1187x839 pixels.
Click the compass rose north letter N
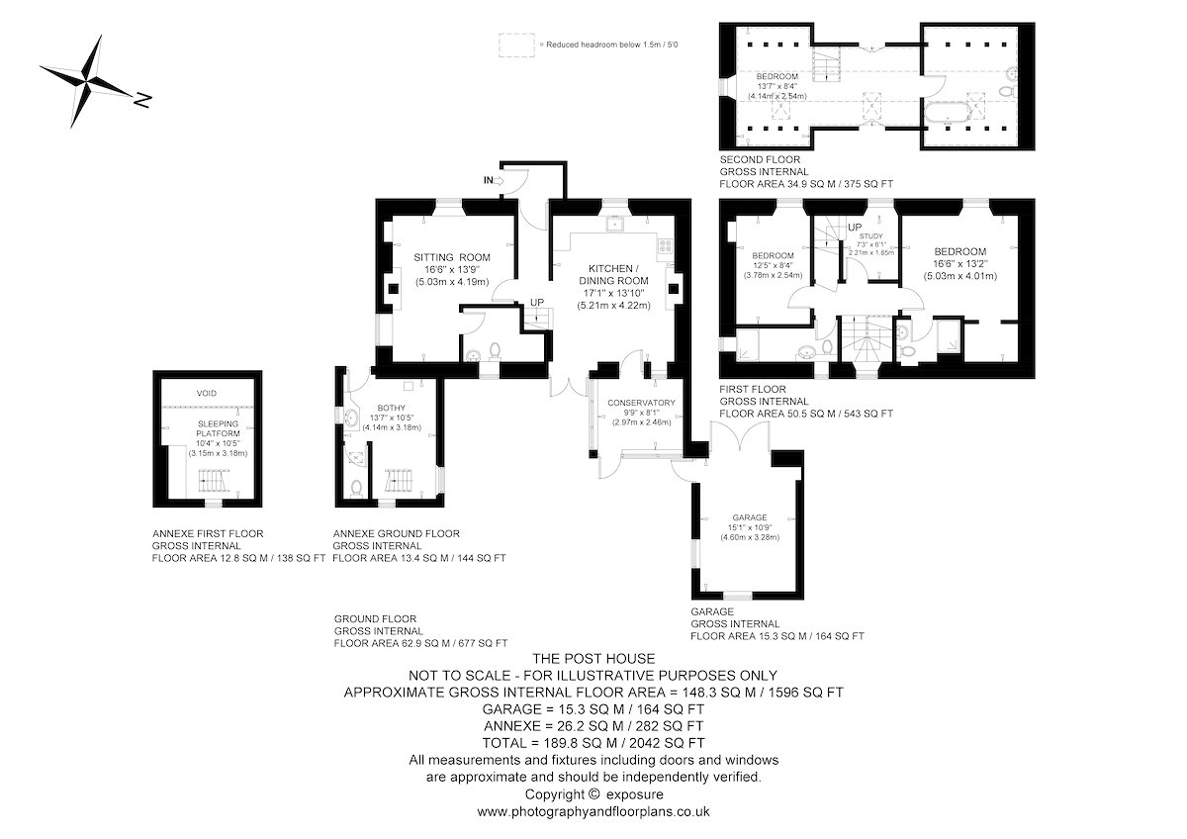[142, 100]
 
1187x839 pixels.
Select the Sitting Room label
[452, 257]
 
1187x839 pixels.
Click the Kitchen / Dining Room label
[613, 275]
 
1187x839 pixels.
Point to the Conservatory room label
[641, 403]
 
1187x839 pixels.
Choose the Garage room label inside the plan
[750, 517]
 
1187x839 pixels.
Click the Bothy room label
[391, 408]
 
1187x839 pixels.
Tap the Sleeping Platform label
[218, 428]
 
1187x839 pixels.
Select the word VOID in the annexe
[206, 393]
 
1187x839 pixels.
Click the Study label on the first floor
[871, 236]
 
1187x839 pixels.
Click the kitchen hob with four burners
[665, 246]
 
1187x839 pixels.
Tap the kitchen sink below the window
[614, 225]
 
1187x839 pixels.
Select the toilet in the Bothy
[356, 488]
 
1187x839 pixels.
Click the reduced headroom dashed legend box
[516, 46]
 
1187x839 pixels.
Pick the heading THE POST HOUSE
[593, 659]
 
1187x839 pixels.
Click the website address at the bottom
[593, 811]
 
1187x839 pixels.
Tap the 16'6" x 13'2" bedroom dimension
[960, 264]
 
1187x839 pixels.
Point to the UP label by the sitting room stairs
[537, 302]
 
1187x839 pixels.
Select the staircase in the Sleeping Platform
[215, 481]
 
